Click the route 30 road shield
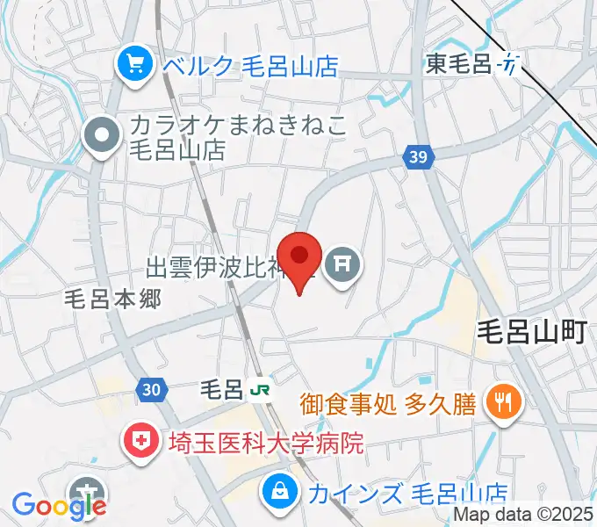click(x=149, y=388)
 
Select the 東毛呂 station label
click(x=458, y=63)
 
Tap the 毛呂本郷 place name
click(x=113, y=299)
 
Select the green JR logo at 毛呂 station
click(x=258, y=389)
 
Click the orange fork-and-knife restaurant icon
click(x=504, y=403)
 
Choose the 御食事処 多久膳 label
click(x=387, y=404)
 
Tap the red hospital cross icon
click(x=141, y=441)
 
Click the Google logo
click(x=59, y=505)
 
